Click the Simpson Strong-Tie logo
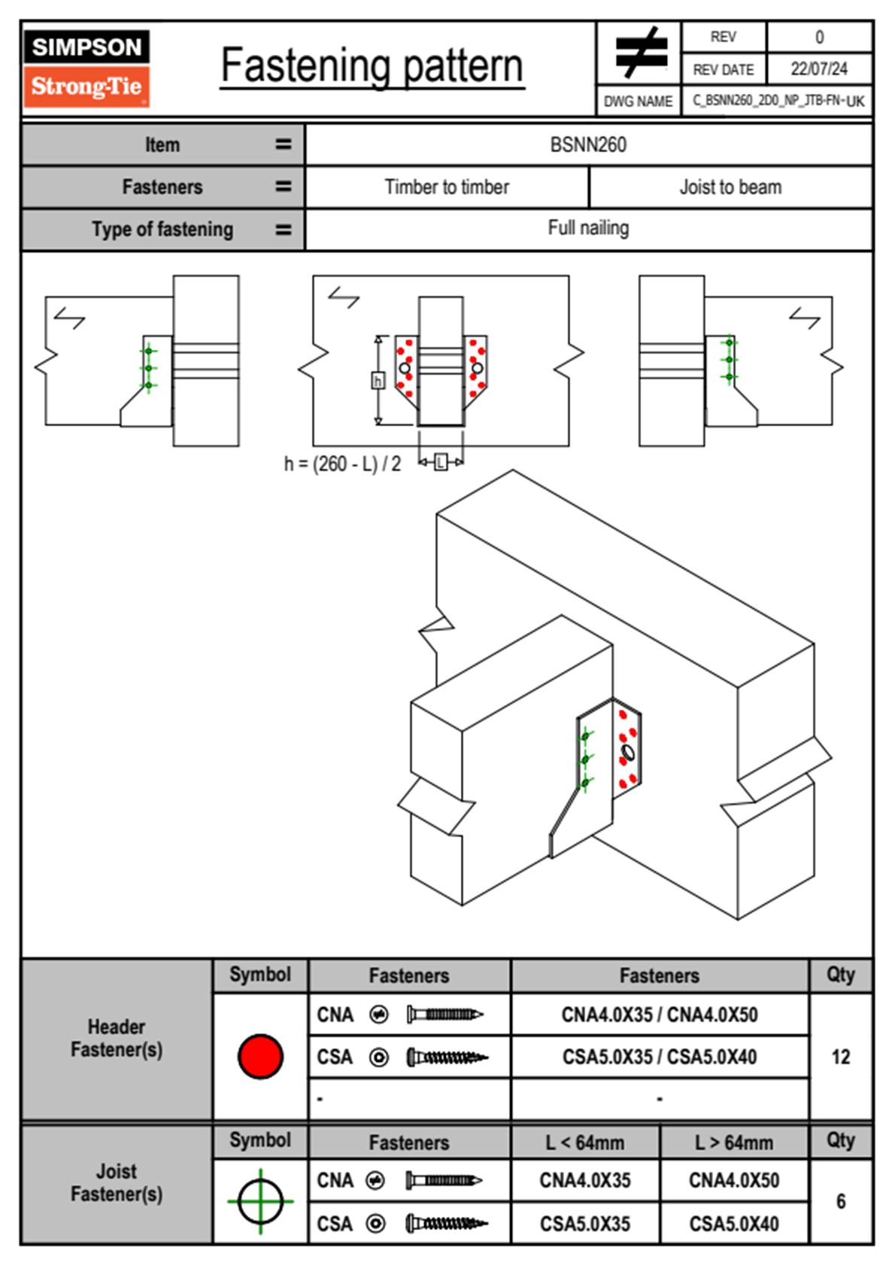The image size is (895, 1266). [x=86, y=68]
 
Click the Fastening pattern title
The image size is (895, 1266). [x=372, y=66]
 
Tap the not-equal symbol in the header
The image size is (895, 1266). [x=640, y=53]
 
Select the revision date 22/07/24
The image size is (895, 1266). [x=818, y=68]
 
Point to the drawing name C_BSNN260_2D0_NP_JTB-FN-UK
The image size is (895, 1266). [x=778, y=101]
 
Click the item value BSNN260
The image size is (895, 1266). [x=588, y=145]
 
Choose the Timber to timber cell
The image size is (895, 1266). [x=447, y=187]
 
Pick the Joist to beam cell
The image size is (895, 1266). [x=730, y=187]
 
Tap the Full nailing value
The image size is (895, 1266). [x=588, y=228]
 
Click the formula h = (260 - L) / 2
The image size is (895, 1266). [x=342, y=464]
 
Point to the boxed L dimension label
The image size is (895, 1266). [x=441, y=462]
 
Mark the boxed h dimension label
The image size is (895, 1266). [x=378, y=381]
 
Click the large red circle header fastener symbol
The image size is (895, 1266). [x=260, y=1056]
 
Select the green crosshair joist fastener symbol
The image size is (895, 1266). [x=260, y=1201]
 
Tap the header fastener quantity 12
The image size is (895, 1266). [x=840, y=1057]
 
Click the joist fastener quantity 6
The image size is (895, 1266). [x=840, y=1201]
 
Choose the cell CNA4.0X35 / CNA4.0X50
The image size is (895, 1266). [x=660, y=1015]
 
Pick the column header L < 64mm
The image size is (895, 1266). [x=585, y=1143]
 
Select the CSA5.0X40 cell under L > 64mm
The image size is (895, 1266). [x=734, y=1224]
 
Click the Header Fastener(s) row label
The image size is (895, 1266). [x=117, y=1038]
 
